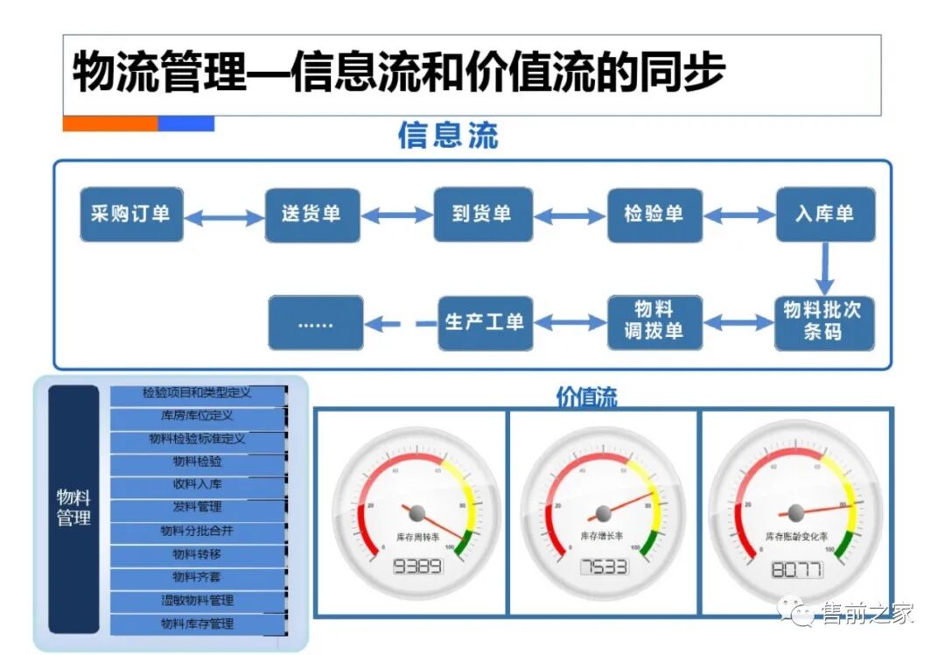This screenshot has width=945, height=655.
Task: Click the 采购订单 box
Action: point(131,215)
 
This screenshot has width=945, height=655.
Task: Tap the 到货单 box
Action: point(482,215)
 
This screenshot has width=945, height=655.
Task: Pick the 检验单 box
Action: point(654,215)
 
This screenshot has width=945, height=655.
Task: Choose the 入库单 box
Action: point(824,215)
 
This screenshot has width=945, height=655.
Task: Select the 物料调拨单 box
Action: point(654,322)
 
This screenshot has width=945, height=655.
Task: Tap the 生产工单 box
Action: point(485,322)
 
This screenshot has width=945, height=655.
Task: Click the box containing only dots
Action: point(315,322)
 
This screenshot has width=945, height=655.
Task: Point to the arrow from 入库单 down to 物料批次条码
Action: point(824,269)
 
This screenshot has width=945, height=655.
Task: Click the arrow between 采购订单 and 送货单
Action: point(224,216)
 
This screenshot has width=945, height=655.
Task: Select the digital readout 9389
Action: point(417,566)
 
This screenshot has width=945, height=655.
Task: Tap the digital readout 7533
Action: point(604,567)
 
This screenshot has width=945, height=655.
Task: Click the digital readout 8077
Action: point(796,570)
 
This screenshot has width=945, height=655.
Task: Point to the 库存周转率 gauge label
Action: point(416,535)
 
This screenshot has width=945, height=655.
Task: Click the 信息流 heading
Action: point(448,136)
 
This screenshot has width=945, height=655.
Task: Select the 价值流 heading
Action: point(586,397)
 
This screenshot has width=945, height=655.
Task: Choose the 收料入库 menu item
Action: point(198,484)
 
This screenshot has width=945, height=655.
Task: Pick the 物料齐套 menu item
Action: point(198,577)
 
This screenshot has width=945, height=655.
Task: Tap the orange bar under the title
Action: point(109,123)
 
